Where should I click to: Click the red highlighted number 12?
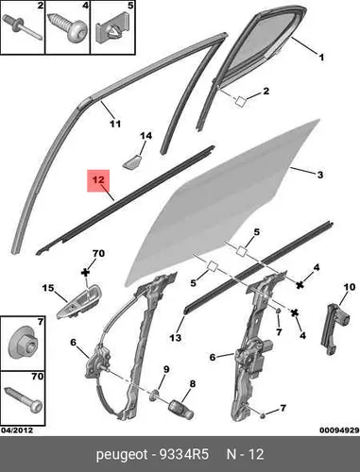[x=98, y=180]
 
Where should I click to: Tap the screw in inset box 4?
[x=68, y=27]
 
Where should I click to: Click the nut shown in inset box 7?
[x=21, y=343]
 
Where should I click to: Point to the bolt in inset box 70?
[x=24, y=399]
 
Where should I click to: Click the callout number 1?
[x=321, y=58]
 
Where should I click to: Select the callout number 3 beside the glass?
[x=320, y=175]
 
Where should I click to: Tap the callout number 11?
[x=115, y=124]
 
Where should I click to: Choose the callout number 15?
[x=48, y=288]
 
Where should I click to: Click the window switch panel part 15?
[x=78, y=302]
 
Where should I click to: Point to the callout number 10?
[x=350, y=287]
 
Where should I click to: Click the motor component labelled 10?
[x=334, y=328]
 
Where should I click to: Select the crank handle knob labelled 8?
[x=181, y=409]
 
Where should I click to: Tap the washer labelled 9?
[x=154, y=395]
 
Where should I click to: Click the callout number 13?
[x=176, y=338]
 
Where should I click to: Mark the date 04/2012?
[x=17, y=430]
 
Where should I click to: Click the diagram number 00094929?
[x=339, y=430]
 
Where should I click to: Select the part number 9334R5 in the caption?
[x=184, y=454]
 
